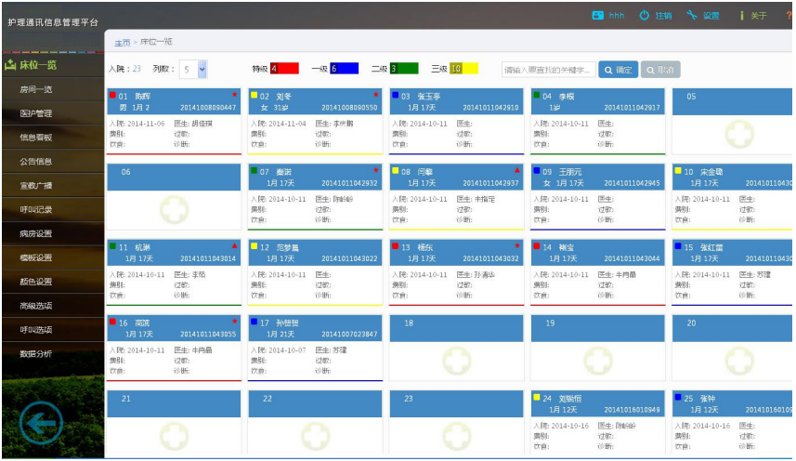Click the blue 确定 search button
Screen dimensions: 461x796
tap(618, 70)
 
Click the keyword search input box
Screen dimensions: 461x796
tap(549, 70)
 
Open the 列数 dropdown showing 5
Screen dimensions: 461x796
tap(194, 69)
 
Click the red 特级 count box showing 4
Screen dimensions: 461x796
tap(284, 69)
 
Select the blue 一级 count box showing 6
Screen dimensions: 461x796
tap(345, 69)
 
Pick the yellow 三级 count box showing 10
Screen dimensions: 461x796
tap(463, 69)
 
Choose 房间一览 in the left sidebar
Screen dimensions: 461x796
tap(36, 89)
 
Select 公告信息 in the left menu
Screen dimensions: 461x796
tap(36, 162)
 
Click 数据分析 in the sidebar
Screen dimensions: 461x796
tap(36, 354)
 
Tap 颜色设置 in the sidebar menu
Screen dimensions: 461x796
tap(36, 282)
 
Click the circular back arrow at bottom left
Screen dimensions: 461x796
tap(41, 424)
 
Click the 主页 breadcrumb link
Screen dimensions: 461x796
tap(122, 43)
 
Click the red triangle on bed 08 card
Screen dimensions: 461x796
tap(517, 170)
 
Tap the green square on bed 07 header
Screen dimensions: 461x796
tap(254, 171)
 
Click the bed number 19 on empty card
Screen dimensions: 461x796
tap(550, 323)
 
